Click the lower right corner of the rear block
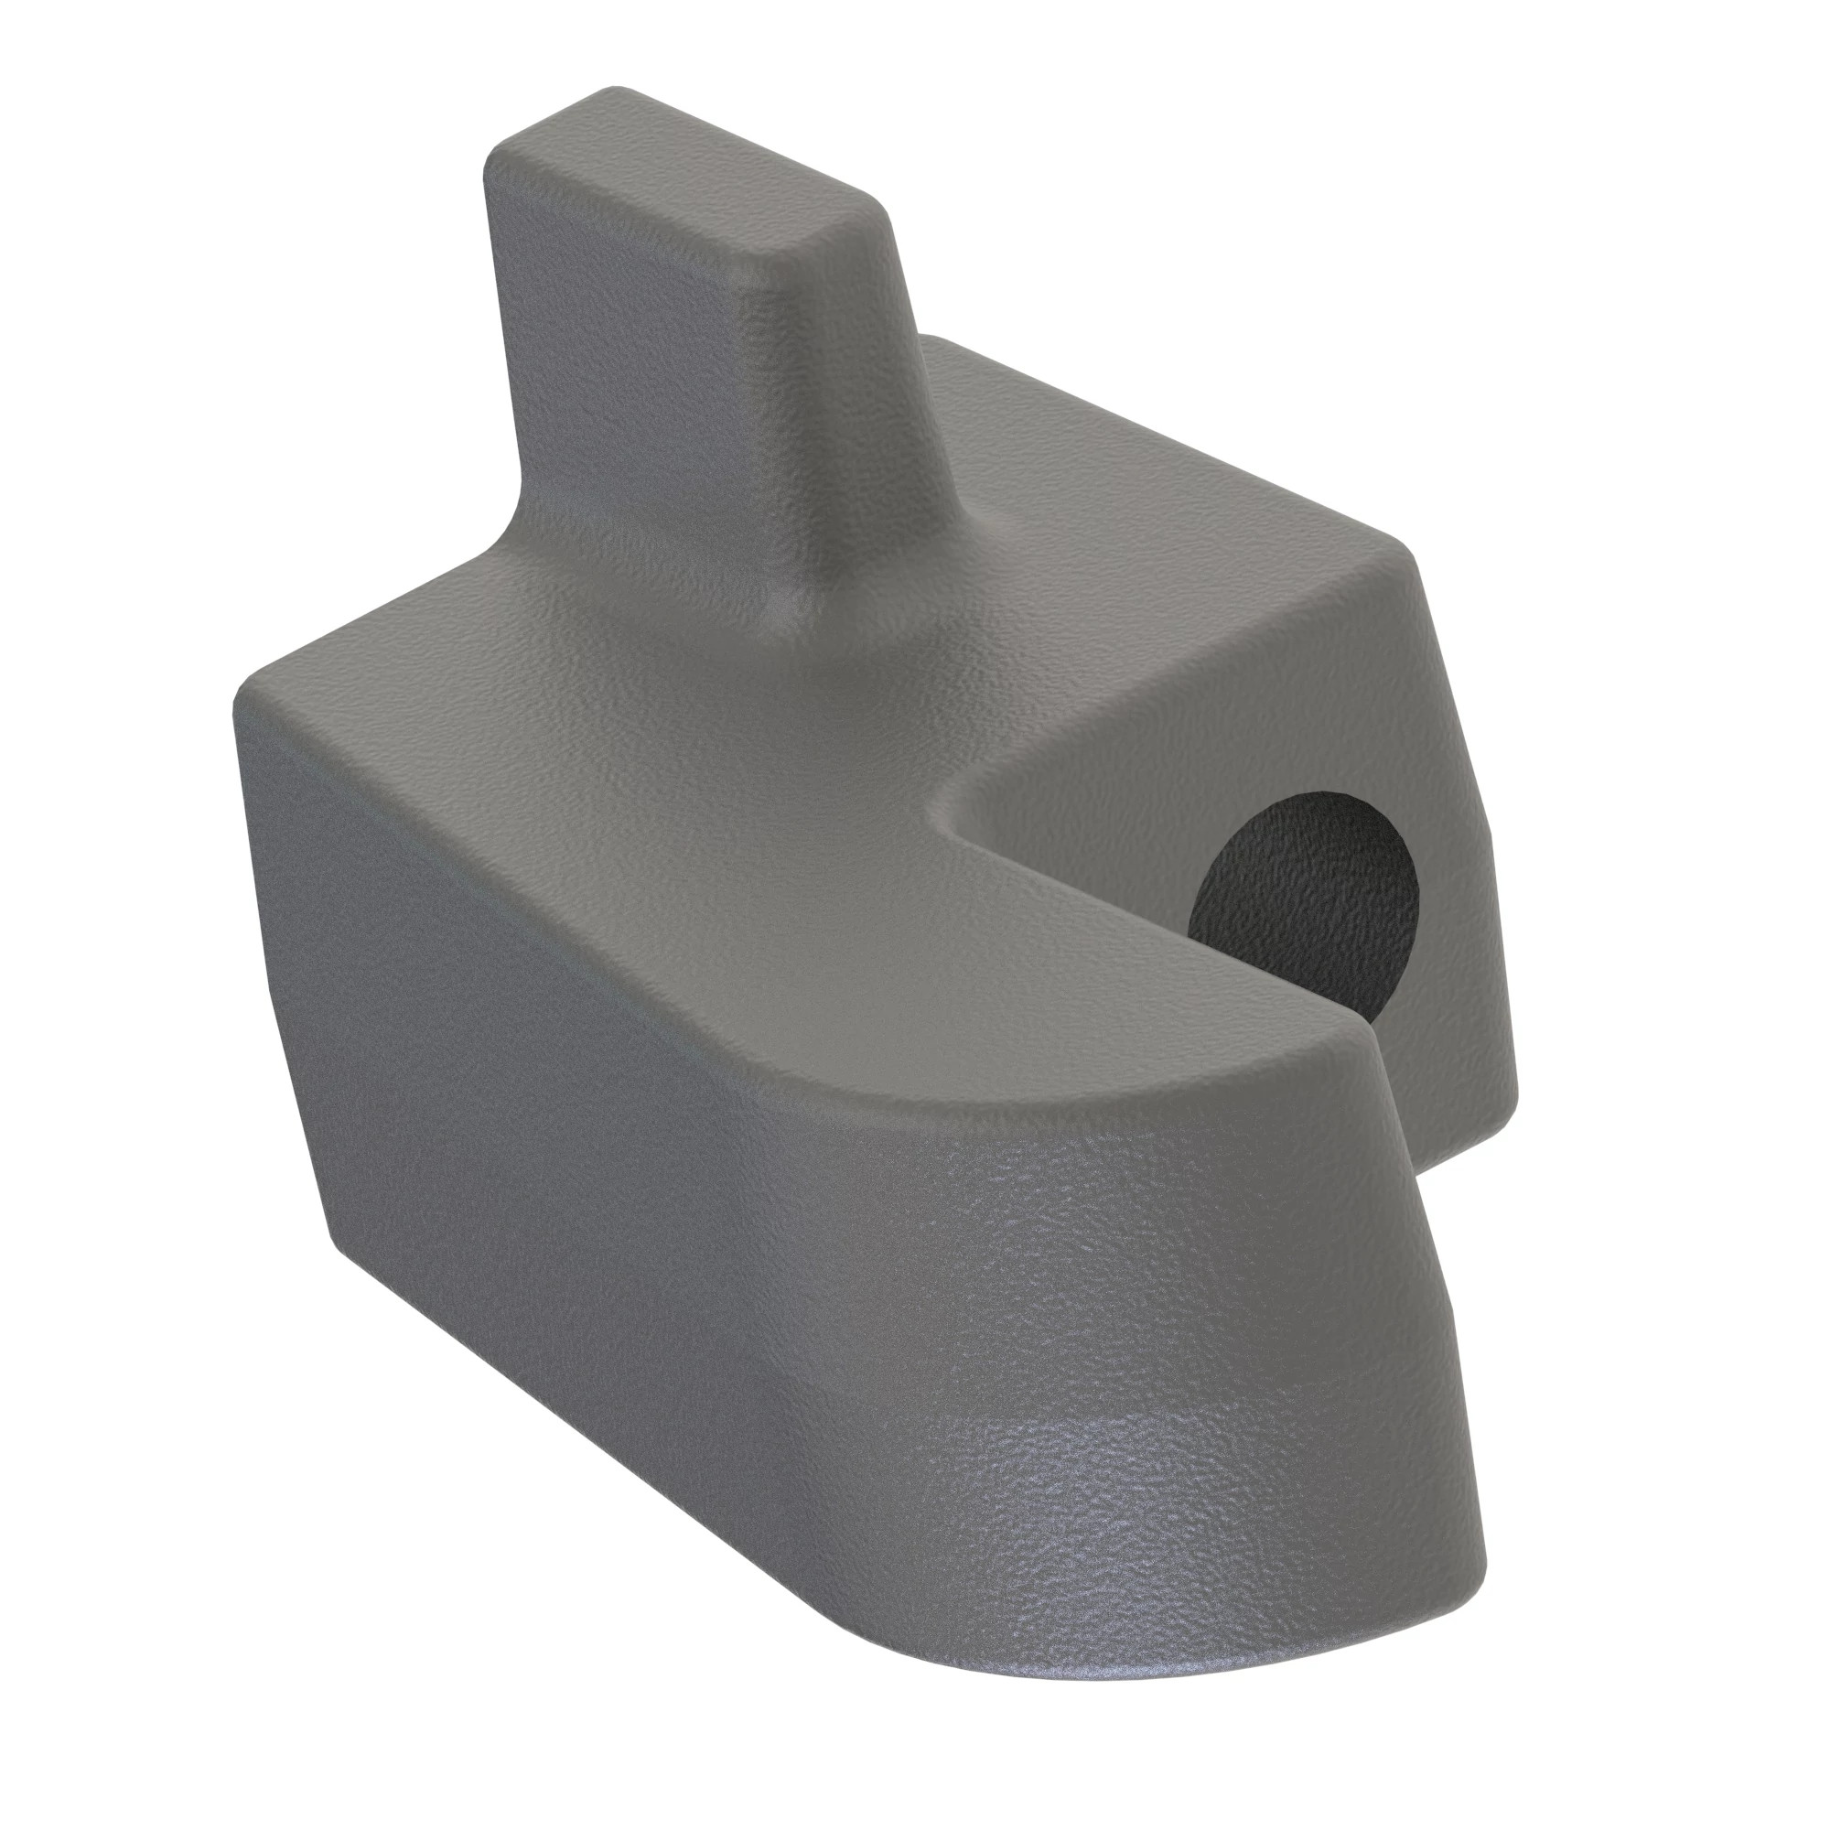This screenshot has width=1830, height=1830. (1506, 1108)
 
